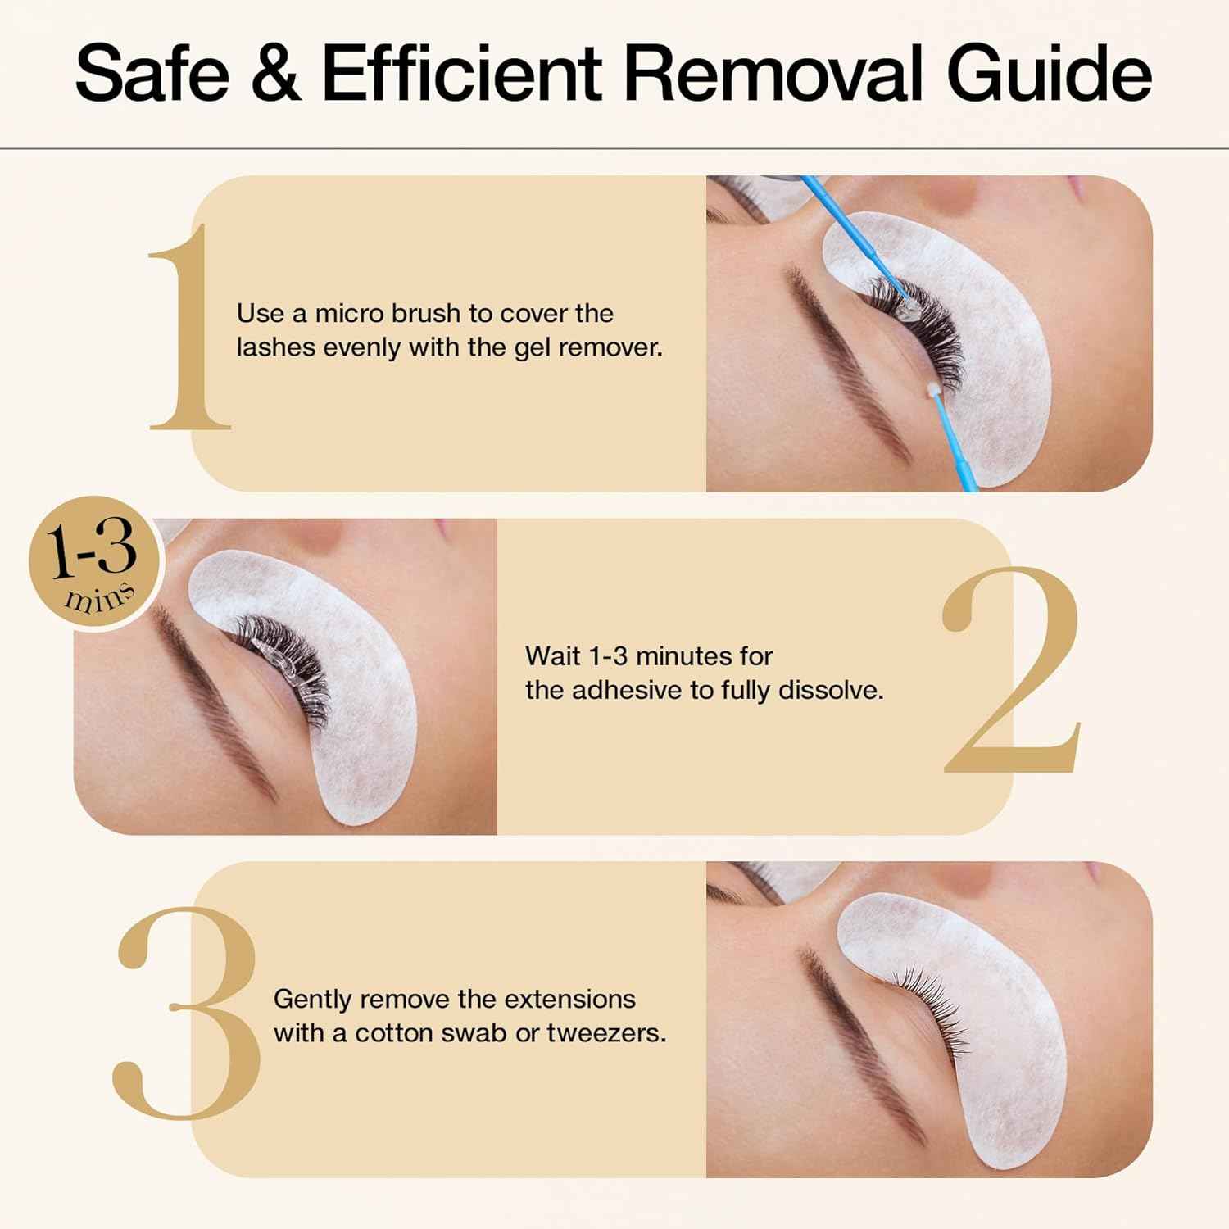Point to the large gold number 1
[x=190, y=328]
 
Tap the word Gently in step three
[x=313, y=1000]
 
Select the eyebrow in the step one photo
[x=844, y=361]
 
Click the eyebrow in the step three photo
[x=860, y=1041]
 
